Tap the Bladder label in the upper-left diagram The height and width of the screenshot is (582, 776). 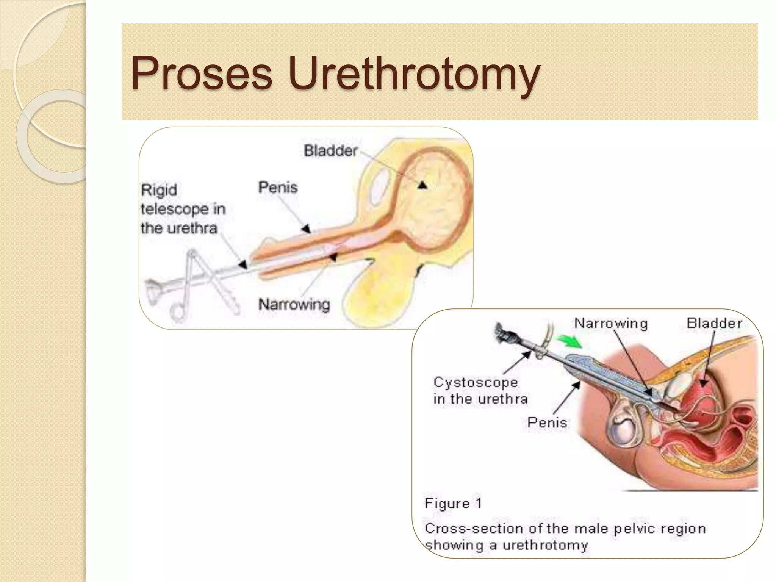coord(330,151)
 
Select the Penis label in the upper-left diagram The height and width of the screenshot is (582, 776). coord(278,187)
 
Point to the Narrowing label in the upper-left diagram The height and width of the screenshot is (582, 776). coord(294,304)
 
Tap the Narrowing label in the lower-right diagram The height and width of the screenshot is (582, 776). coord(611,323)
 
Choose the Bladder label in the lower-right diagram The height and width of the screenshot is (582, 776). coord(714,323)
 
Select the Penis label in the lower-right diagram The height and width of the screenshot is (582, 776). coord(547,422)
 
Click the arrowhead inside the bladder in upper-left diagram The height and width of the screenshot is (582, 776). coord(422,185)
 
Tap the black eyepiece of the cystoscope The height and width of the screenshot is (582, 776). coord(505,333)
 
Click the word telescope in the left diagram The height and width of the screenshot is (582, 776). coord(175,209)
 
